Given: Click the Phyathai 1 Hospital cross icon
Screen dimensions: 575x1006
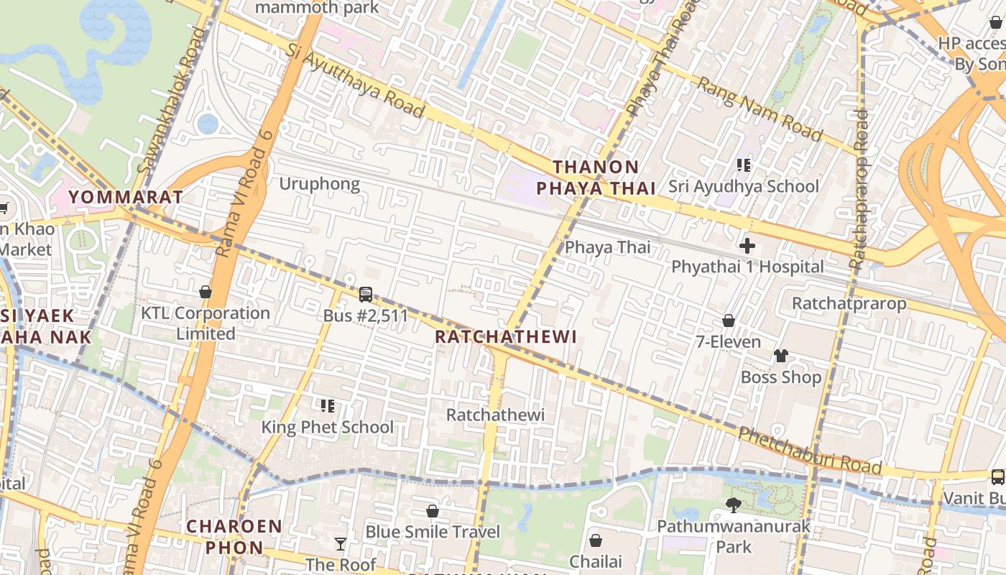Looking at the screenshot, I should coord(747,246).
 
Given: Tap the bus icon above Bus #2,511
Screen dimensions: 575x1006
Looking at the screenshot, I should coord(366,294).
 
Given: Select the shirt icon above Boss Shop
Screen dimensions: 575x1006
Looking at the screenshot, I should coord(781,356).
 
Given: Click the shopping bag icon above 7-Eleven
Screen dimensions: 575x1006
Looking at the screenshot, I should coord(729,321).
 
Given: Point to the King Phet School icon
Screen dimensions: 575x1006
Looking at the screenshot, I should coord(328,406).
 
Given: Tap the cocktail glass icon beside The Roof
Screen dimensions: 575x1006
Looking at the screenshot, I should coord(341,544).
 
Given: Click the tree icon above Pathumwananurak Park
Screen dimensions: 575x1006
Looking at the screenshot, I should coord(733,505).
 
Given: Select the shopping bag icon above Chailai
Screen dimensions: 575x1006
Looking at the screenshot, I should coord(596,540).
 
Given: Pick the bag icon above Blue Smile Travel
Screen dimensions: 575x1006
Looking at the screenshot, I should coord(433,511).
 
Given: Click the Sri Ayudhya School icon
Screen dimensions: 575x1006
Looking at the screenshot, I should coord(744,165).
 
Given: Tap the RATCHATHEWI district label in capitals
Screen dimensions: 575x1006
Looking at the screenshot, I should coord(506,337).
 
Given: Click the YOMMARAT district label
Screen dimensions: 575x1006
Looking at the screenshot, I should coord(126,197).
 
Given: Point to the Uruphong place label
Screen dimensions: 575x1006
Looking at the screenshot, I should coord(319,184).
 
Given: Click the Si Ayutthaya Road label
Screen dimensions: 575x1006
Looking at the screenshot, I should coord(355,79).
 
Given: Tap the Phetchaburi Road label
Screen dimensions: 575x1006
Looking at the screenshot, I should coord(810,451).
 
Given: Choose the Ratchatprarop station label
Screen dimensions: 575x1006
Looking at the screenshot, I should coord(849,303).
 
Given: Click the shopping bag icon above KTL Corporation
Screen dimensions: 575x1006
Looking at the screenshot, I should coord(206,292).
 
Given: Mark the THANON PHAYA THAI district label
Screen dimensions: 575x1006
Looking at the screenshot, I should coord(596,178).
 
